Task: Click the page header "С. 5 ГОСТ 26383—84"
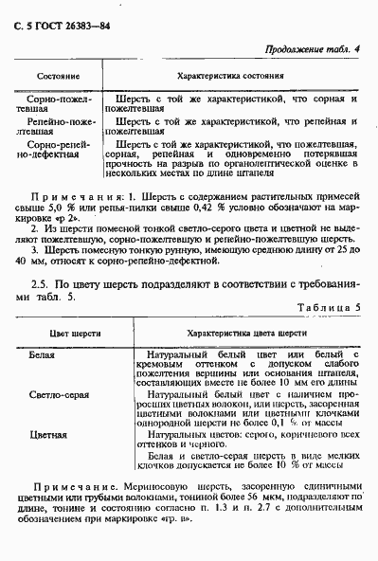[61, 14]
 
